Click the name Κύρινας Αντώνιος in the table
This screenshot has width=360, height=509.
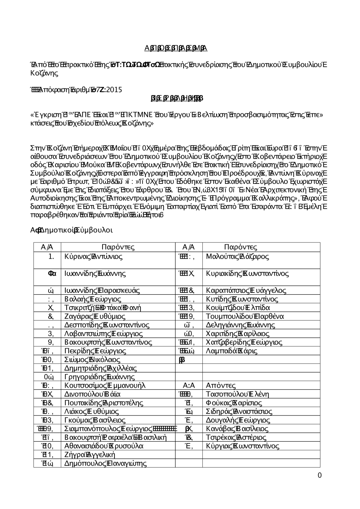pyautogui.click(x=93, y=257)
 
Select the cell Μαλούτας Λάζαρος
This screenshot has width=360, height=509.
pyautogui.click(x=237, y=257)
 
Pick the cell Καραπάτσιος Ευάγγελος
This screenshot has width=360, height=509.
pyautogui.click(x=246, y=291)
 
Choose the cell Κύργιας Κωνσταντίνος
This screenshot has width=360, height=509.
pyautogui.click(x=242, y=446)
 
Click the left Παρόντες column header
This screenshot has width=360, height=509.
pyautogui.click(x=118, y=247)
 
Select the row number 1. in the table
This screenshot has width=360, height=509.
pyautogui.click(x=51, y=257)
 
